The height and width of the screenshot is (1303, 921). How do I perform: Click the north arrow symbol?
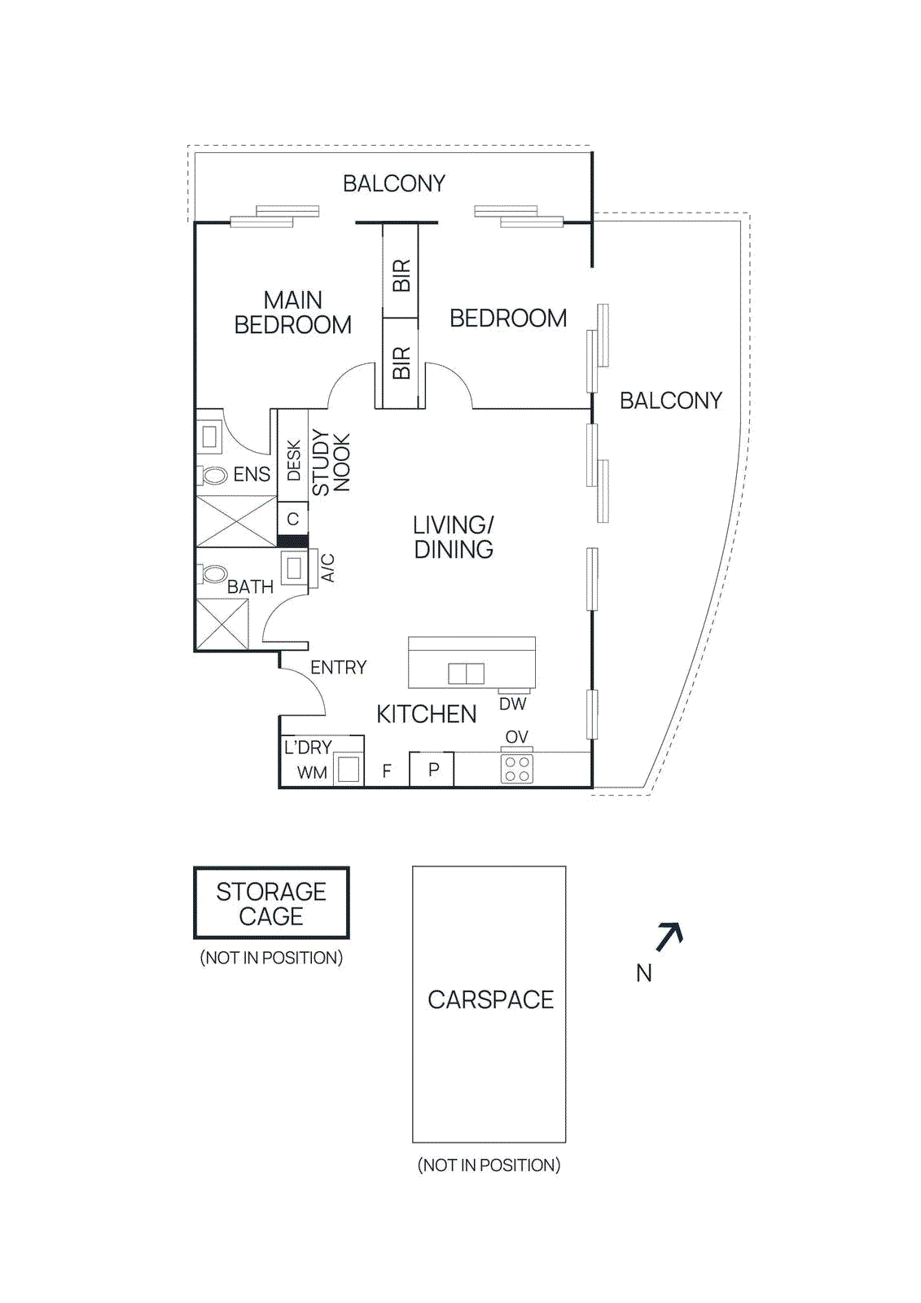tap(669, 937)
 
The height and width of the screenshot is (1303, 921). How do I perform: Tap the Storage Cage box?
tap(271, 903)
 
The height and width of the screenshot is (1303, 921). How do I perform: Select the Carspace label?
tap(490, 1000)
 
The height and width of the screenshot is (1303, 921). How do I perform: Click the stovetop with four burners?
tap(516, 769)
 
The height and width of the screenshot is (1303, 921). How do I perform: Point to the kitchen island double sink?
tap(466, 673)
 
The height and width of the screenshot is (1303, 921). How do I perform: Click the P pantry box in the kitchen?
tap(433, 770)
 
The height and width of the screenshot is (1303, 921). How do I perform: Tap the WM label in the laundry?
tap(312, 773)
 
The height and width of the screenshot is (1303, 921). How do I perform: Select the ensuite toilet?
tap(214, 476)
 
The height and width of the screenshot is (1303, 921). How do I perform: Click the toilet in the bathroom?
tap(214, 574)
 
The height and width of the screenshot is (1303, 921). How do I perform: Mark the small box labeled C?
tap(293, 519)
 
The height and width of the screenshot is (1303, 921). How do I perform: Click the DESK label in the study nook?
tap(294, 461)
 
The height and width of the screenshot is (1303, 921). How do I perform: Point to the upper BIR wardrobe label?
tap(401, 276)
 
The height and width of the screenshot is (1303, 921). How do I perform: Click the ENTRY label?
tap(338, 668)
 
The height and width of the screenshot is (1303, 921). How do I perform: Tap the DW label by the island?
tap(512, 704)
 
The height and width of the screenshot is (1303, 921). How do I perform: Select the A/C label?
tap(327, 568)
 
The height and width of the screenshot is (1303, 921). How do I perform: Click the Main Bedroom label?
tap(292, 313)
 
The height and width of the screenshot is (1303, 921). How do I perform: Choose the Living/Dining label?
tap(454, 537)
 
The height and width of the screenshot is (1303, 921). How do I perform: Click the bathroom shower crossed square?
tap(222, 624)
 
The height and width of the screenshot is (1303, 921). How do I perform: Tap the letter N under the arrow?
tap(643, 973)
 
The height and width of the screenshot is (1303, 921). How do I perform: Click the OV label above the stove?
tap(516, 737)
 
